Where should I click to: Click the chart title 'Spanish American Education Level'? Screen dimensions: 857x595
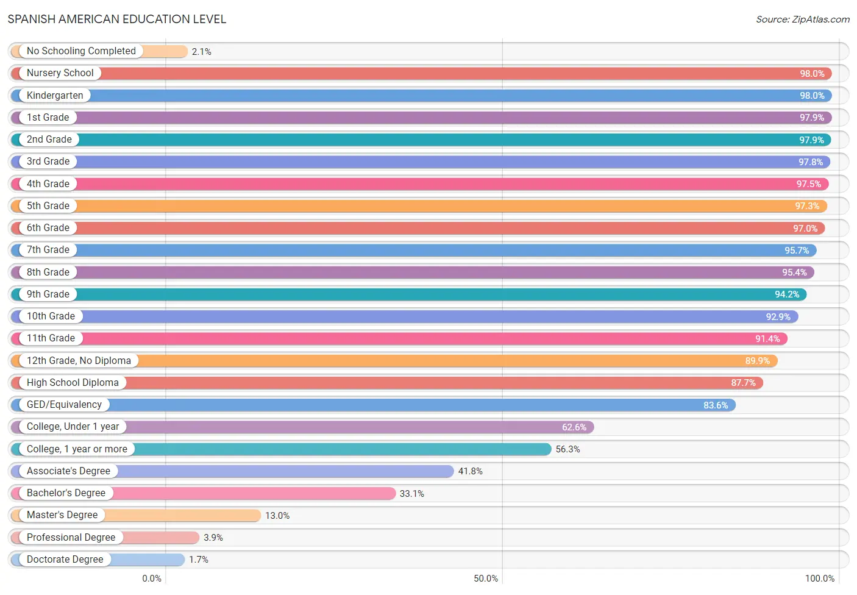click(x=116, y=19)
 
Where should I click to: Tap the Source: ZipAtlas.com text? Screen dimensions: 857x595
click(x=803, y=19)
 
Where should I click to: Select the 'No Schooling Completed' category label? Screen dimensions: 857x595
click(x=81, y=51)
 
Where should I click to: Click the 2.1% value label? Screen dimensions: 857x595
click(x=201, y=52)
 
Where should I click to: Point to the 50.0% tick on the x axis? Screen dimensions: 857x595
click(x=486, y=578)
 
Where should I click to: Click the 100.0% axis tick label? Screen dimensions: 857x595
click(x=819, y=578)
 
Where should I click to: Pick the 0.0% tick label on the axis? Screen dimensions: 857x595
click(x=152, y=578)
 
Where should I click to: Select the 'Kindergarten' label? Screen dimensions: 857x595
click(x=55, y=95)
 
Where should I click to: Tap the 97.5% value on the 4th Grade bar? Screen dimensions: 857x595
click(x=808, y=184)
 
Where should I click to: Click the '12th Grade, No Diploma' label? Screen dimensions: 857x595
click(x=79, y=360)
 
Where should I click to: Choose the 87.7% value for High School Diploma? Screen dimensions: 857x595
click(x=743, y=383)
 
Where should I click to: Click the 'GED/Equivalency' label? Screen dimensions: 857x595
click(x=64, y=404)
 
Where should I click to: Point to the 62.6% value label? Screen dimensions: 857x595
click(x=574, y=427)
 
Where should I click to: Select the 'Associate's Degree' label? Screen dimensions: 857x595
click(x=68, y=471)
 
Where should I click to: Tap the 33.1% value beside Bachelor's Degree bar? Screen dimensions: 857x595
click(x=411, y=494)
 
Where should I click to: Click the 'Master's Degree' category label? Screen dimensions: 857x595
click(x=62, y=515)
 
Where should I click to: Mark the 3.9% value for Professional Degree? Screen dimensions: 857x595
click(x=213, y=538)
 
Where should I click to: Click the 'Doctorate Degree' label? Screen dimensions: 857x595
click(x=65, y=559)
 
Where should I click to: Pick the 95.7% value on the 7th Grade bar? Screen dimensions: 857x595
click(x=797, y=250)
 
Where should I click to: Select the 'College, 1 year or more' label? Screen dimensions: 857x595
click(x=77, y=449)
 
